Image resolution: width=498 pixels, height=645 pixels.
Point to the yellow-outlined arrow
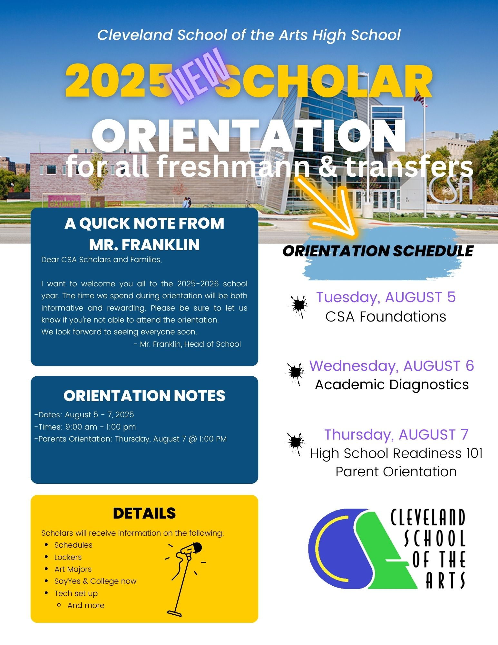pyautogui.click(x=329, y=206)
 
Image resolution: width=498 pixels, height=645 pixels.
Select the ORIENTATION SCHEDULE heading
pyautogui.click(x=378, y=251)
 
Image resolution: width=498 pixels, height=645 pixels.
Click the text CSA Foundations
pyautogui.click(x=386, y=317)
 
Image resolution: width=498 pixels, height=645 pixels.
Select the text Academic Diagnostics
pyautogui.click(x=392, y=384)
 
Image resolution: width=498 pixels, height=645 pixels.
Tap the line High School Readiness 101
pyautogui.click(x=396, y=453)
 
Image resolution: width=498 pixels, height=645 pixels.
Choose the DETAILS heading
pyautogui.click(x=144, y=513)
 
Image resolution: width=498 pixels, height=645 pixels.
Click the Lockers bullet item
pyautogui.click(x=68, y=557)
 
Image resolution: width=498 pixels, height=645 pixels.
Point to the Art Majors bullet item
pyautogui.click(x=73, y=569)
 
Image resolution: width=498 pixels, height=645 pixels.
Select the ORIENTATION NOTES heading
pyautogui.click(x=144, y=396)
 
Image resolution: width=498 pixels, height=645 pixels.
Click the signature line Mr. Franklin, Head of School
pyautogui.click(x=187, y=344)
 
